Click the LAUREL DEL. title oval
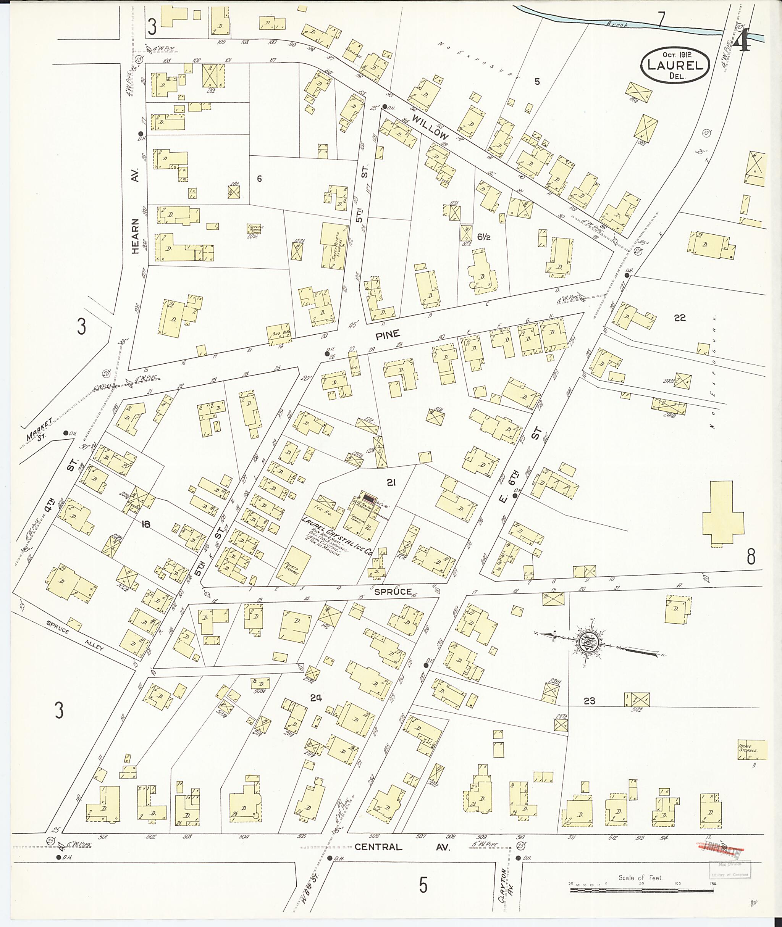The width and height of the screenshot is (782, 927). [x=675, y=65]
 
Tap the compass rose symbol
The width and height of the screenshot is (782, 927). [x=588, y=642]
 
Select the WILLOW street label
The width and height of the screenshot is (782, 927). [x=430, y=127]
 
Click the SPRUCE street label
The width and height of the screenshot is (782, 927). [x=393, y=592]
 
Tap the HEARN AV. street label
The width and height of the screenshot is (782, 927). [x=135, y=211]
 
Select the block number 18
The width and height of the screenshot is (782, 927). [x=145, y=524]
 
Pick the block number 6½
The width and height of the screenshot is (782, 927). [x=483, y=237]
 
